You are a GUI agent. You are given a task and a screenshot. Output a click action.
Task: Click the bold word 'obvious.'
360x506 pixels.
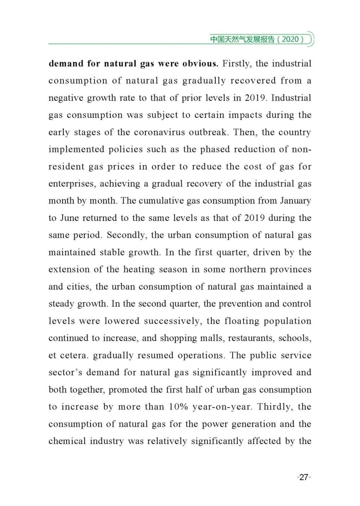click(200, 64)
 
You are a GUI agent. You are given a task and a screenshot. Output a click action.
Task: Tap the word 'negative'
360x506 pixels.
click(66, 98)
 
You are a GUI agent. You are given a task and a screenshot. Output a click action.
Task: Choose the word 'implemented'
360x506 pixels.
click(76, 150)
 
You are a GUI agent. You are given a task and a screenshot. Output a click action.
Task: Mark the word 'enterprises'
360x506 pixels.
click(72, 184)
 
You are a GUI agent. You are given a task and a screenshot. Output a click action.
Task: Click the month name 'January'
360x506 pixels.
click(295, 201)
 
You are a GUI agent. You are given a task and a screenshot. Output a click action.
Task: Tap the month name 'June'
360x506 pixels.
click(69, 218)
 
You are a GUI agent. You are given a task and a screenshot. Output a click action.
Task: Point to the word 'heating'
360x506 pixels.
click(139, 270)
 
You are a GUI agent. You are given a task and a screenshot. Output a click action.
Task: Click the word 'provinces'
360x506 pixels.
click(291, 270)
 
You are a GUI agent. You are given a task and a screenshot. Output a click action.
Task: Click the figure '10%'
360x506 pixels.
click(179, 407)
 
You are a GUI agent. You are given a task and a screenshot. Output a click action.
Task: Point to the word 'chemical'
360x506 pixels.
click(67, 441)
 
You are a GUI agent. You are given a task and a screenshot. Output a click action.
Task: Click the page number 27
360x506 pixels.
click(304, 477)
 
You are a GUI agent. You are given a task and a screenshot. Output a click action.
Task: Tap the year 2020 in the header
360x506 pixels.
click(290, 39)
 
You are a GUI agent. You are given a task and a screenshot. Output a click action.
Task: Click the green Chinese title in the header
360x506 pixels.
click(242, 39)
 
